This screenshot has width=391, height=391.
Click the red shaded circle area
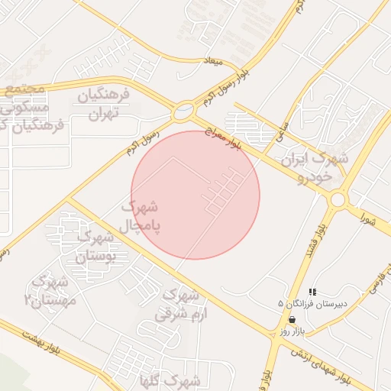195,195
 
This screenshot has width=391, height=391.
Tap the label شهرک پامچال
141,215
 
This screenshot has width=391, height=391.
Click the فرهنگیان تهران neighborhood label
105,105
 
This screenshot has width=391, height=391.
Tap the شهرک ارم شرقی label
177,303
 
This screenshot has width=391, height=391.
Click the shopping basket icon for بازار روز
292,319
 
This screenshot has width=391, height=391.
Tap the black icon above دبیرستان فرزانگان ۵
312,292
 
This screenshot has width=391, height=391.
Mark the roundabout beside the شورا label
338,199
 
